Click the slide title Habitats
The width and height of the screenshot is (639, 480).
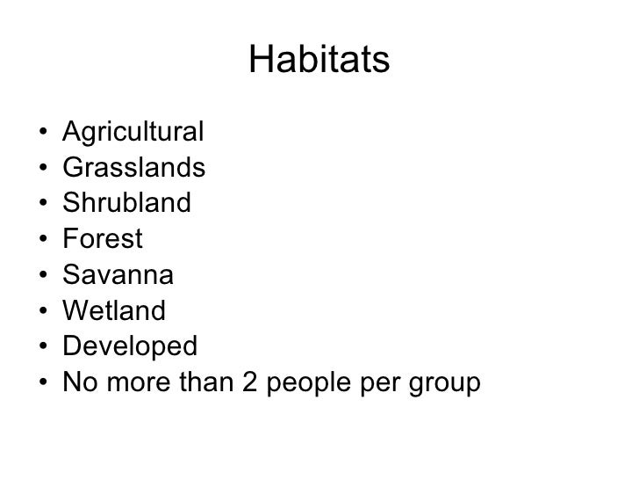319,62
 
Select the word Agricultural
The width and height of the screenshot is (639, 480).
133,133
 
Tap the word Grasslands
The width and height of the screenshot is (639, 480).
134,168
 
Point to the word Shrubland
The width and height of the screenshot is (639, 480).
126,204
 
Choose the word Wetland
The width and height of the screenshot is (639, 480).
114,311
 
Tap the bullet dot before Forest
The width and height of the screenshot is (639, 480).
43,240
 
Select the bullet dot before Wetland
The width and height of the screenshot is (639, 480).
43,312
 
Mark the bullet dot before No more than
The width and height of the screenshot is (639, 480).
43,383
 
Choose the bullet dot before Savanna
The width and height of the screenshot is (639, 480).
43,276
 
